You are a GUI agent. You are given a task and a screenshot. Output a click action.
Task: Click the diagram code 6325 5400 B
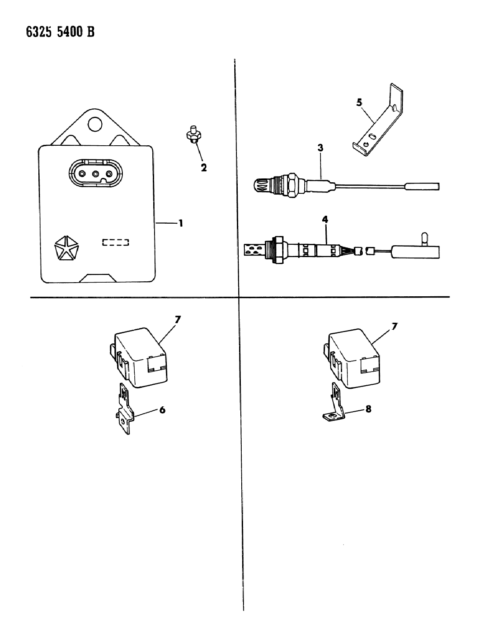[60, 32]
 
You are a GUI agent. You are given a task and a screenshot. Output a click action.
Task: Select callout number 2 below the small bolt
[204, 168]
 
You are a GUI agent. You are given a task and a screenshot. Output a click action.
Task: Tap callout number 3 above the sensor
[321, 147]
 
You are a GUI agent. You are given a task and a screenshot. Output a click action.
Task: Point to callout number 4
[325, 220]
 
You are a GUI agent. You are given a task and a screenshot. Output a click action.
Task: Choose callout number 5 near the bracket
[359, 103]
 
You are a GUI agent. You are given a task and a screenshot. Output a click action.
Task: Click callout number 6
[162, 410]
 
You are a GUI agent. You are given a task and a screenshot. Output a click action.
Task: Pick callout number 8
[368, 409]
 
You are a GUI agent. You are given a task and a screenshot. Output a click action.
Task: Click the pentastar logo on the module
[66, 248]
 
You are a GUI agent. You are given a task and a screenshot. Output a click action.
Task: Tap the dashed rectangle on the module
[116, 242]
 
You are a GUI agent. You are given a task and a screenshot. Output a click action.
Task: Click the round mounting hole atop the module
[95, 124]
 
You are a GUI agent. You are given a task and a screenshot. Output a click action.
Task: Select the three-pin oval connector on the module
[96, 174]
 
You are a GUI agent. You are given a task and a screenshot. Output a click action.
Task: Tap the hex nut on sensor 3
[291, 185]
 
